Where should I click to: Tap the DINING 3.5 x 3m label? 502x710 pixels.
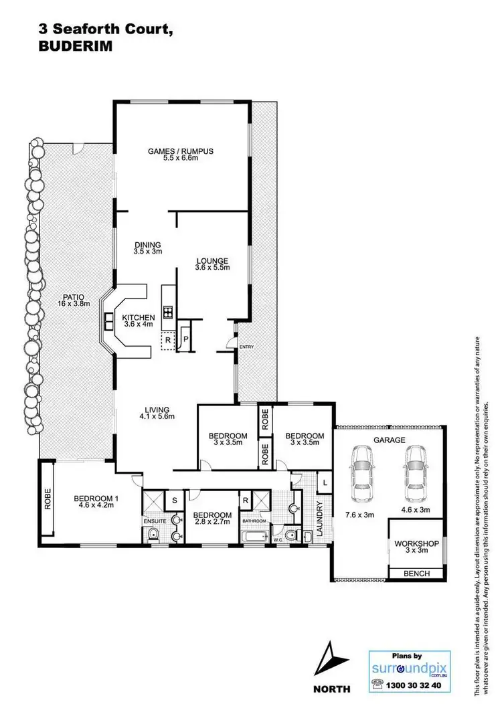148,248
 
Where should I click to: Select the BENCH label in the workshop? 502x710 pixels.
416,574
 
